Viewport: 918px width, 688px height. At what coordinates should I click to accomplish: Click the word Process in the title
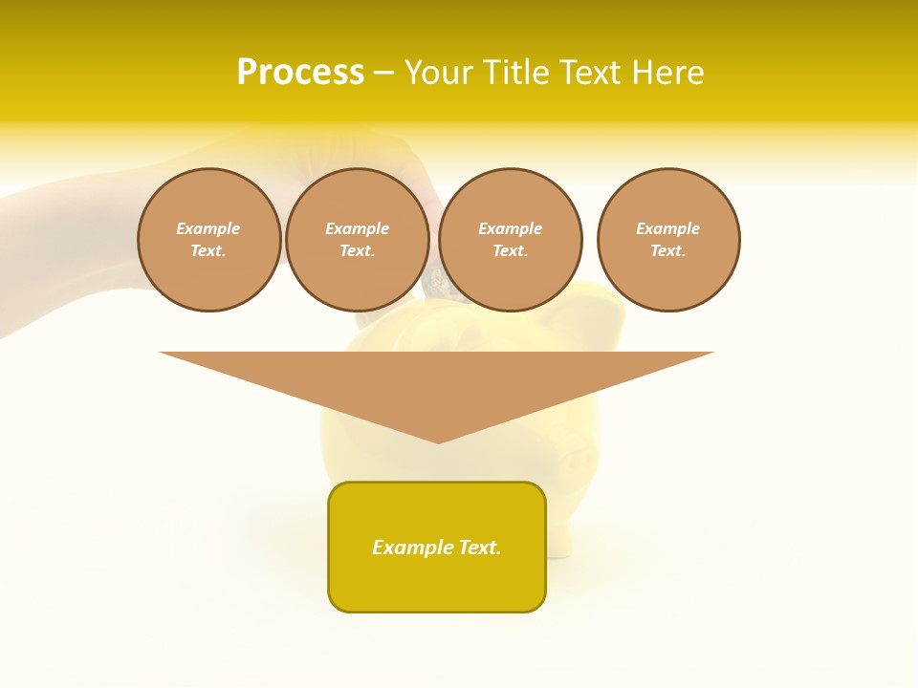click(300, 73)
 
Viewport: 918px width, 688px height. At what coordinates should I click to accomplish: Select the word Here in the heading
click(667, 73)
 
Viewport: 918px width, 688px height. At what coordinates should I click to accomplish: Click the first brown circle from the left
click(209, 240)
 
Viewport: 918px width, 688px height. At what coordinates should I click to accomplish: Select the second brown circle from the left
click(358, 240)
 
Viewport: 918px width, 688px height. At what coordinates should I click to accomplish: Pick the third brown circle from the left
click(511, 240)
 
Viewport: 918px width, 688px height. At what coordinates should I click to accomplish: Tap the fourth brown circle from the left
click(668, 240)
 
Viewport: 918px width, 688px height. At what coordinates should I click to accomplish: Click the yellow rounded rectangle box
click(437, 583)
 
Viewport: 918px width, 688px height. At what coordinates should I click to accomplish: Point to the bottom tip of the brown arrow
click(439, 441)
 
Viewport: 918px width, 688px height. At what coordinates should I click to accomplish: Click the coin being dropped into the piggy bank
click(436, 283)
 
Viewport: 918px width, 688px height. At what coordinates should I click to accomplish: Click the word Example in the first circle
click(208, 228)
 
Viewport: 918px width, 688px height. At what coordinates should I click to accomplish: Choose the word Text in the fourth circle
click(667, 250)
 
